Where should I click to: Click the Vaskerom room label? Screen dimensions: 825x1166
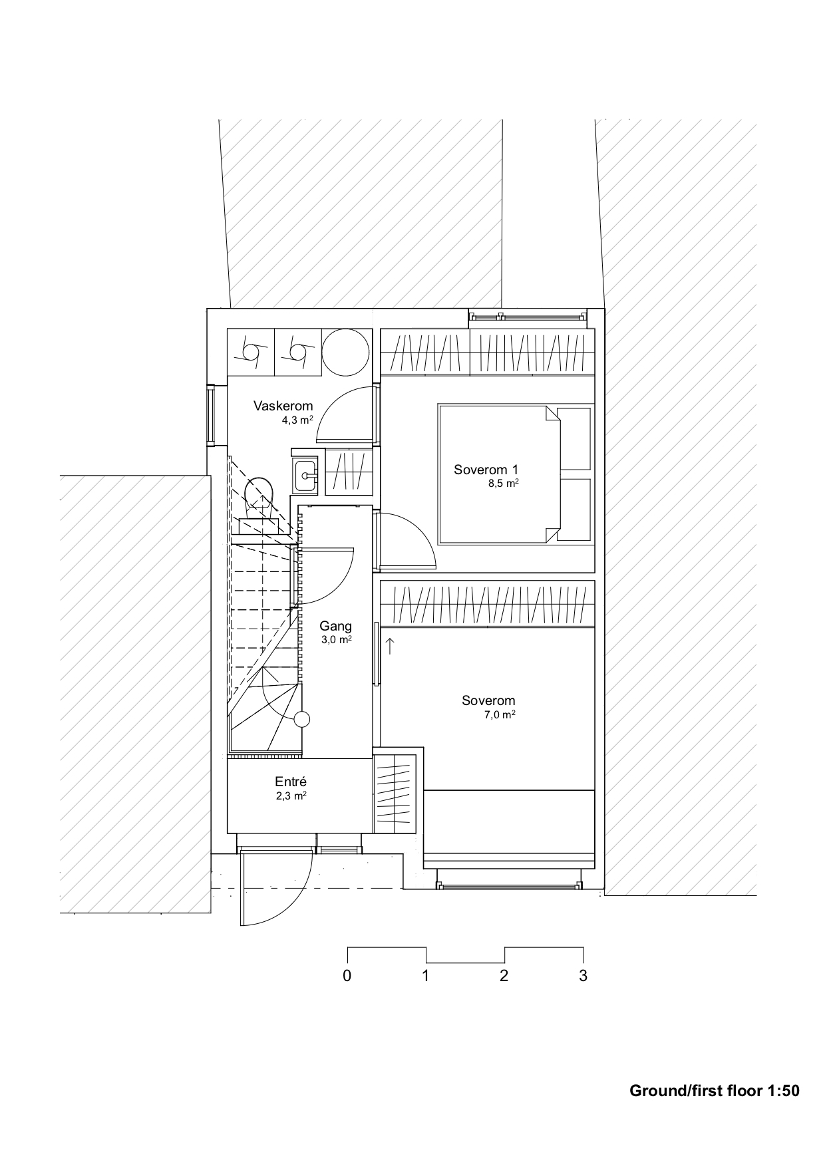[283, 406]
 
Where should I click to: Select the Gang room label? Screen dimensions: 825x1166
[335, 626]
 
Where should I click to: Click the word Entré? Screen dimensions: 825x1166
[291, 782]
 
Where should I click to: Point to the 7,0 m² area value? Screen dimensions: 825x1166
[500, 715]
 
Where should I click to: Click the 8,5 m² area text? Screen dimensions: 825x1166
[504, 484]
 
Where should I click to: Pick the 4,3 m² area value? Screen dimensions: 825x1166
[297, 420]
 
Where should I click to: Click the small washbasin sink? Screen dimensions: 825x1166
[306, 476]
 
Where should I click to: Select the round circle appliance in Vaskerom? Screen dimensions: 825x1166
[346, 353]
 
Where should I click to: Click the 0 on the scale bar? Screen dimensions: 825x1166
[347, 976]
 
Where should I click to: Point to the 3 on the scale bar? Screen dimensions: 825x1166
[583, 976]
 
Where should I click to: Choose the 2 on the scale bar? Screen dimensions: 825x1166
[504, 976]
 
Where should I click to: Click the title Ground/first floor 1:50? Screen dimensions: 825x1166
[714, 1090]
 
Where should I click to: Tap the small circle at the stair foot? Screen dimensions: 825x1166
[302, 719]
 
